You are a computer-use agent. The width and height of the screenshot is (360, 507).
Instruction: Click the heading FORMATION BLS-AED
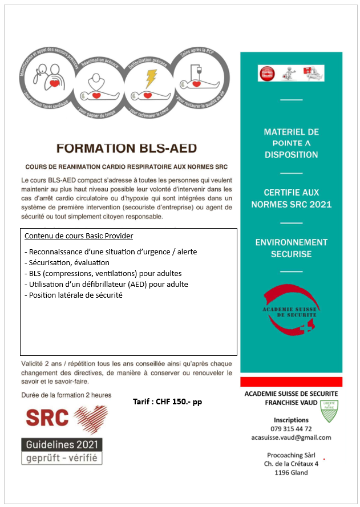point(126,148)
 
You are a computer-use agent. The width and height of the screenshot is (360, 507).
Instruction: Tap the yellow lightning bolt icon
point(151,78)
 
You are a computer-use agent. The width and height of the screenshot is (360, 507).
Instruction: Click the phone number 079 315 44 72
point(291,429)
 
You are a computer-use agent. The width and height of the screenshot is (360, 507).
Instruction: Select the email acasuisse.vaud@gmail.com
point(291,437)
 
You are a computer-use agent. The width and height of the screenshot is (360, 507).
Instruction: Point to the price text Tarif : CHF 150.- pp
point(167,401)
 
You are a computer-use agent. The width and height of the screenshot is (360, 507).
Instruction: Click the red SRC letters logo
point(47,417)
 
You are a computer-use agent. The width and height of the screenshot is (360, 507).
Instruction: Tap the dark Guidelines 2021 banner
point(62,444)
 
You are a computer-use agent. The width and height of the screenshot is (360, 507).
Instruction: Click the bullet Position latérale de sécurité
point(73,295)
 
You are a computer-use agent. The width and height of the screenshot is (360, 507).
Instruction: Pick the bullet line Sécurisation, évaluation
point(67,262)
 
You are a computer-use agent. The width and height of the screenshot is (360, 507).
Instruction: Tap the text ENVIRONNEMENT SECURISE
point(291,248)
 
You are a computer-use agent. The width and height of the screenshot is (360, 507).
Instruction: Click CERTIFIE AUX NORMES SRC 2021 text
point(291,198)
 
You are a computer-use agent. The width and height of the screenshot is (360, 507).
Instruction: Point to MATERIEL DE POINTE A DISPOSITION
point(291,143)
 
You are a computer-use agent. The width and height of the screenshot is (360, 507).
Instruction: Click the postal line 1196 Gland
point(291,472)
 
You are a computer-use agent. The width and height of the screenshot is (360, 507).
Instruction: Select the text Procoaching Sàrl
point(291,455)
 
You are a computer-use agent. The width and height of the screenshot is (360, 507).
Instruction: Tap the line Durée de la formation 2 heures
point(66,395)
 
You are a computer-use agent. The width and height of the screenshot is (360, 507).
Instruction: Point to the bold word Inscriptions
point(291,420)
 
